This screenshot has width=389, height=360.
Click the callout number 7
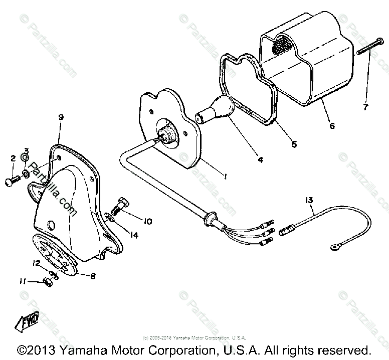pyautogui.click(x=365, y=107)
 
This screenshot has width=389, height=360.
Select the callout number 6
pyautogui.click(x=331, y=126)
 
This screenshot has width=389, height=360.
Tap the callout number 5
pyautogui.click(x=294, y=144)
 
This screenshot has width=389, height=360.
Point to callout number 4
pyautogui.click(x=260, y=160)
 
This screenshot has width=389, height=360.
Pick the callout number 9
pyautogui.click(x=61, y=118)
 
